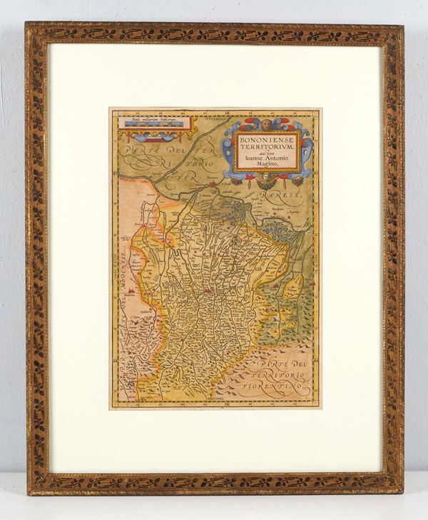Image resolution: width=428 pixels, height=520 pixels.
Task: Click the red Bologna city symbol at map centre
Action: [x=208, y=290]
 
